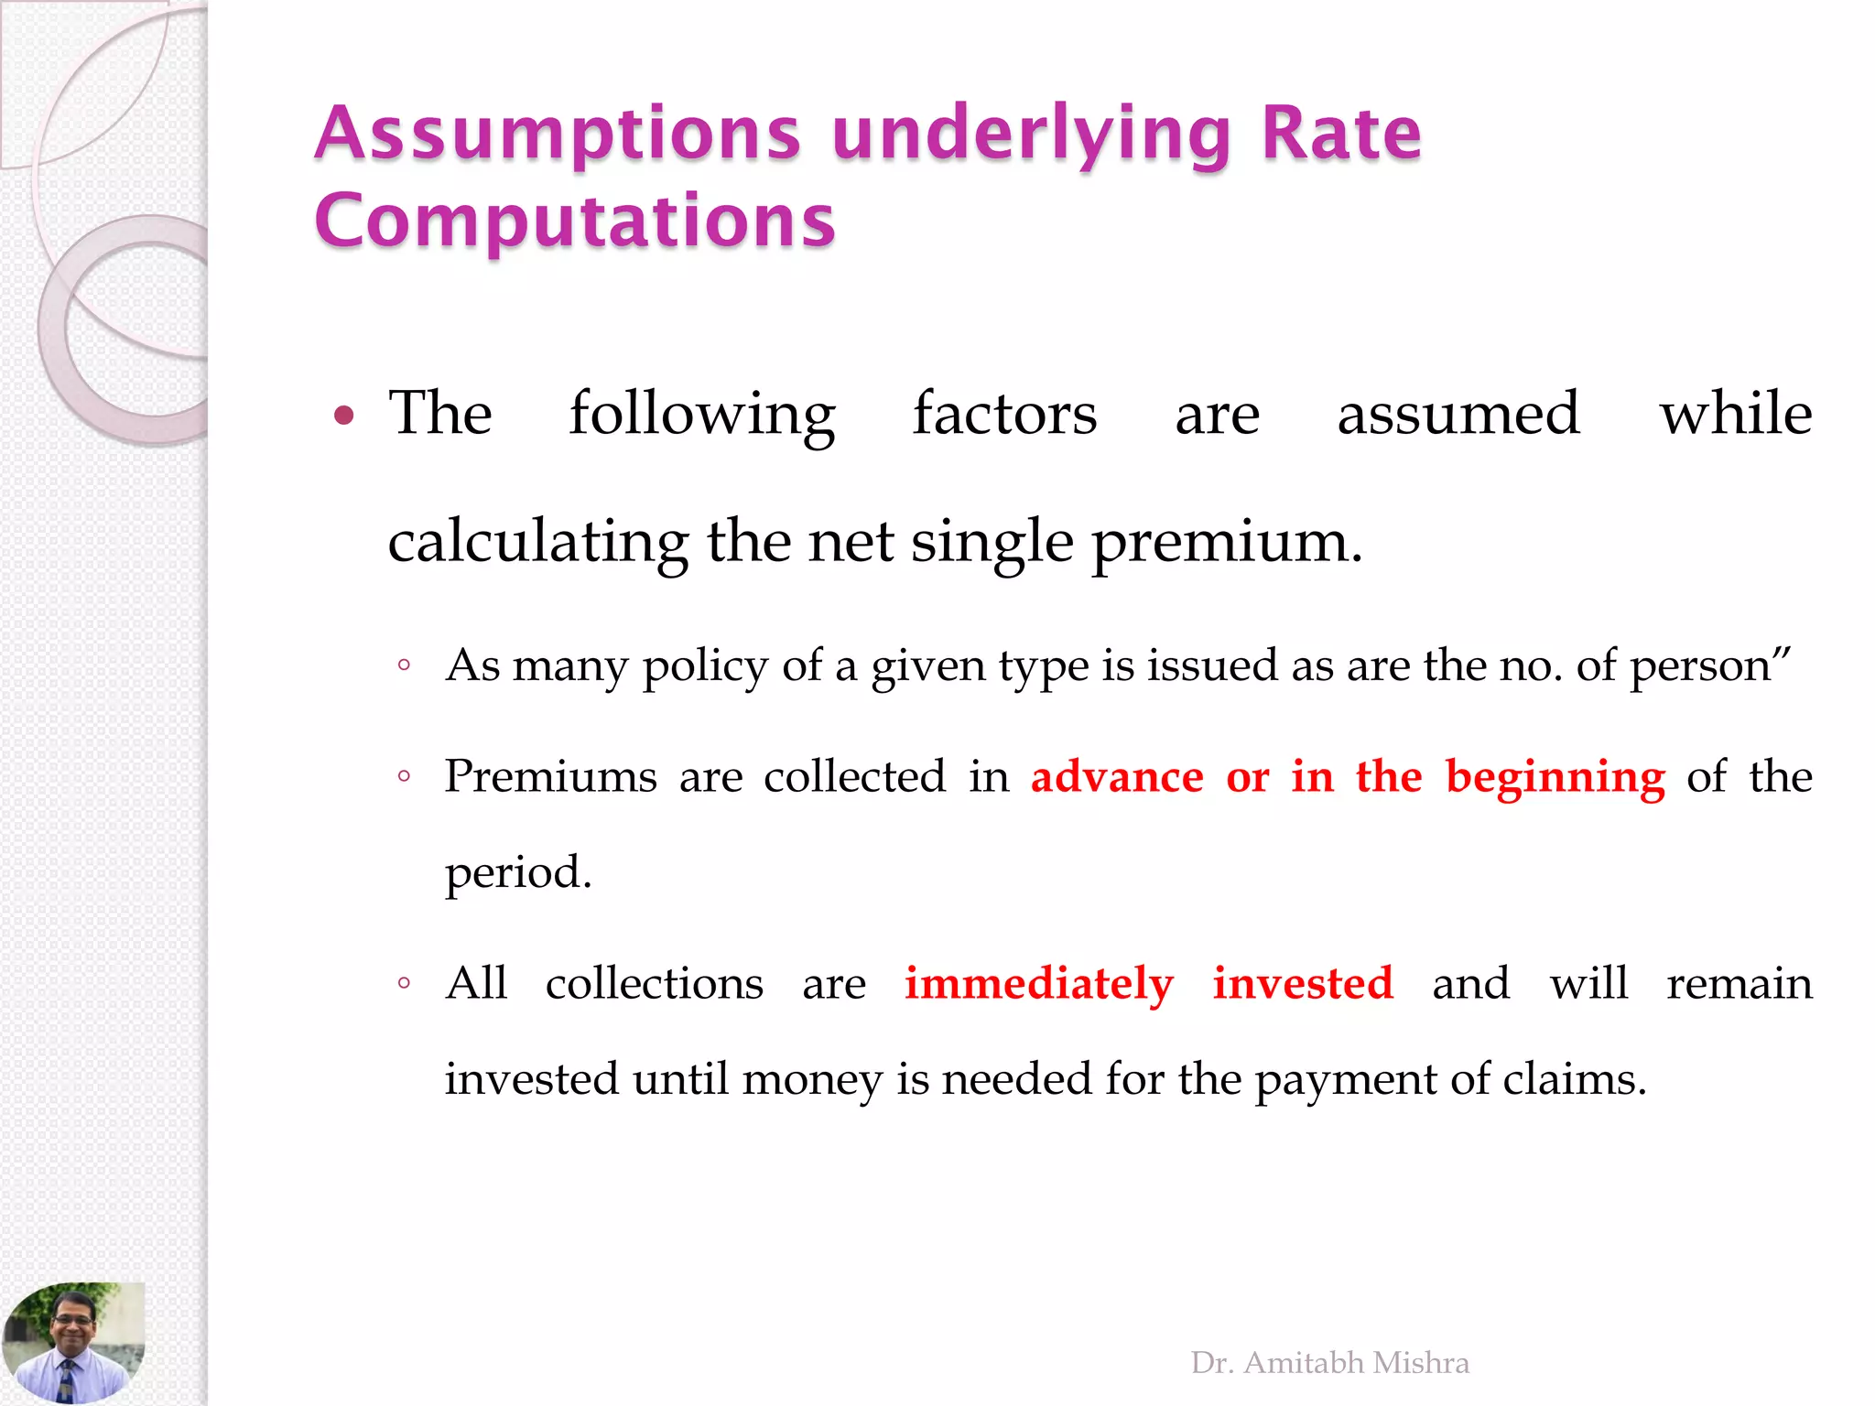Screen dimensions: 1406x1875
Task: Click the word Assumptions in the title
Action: [x=558, y=135]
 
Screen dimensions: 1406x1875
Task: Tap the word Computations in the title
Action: [x=575, y=222]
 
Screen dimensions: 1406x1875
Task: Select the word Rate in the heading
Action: [x=1341, y=134]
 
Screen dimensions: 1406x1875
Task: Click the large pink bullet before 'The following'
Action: [x=344, y=416]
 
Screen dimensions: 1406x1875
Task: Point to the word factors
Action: [x=1004, y=415]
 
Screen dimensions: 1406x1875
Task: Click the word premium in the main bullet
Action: [x=1227, y=542]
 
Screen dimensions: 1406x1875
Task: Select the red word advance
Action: [x=1117, y=777]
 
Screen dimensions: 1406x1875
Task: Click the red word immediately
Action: [x=1039, y=985]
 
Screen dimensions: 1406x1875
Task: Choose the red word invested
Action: [x=1303, y=984]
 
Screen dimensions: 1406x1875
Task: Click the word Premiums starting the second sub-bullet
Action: [x=550, y=777]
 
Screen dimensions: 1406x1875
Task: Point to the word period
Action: [x=518, y=873]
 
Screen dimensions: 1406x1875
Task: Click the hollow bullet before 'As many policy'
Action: [x=404, y=665]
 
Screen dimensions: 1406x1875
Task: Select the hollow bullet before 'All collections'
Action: [x=404, y=984]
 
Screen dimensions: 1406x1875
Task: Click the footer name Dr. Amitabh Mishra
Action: [x=1329, y=1363]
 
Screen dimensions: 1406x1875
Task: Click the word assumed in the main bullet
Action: [x=1458, y=415]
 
